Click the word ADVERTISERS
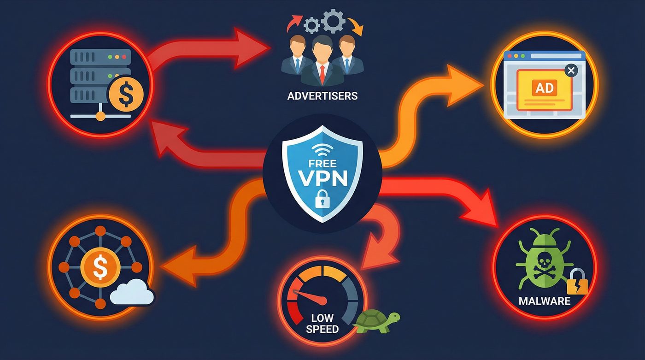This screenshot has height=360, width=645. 322,96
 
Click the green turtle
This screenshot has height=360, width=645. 376,319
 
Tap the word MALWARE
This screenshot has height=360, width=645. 544,301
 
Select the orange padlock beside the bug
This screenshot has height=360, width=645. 577,283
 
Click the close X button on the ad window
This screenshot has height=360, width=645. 571,71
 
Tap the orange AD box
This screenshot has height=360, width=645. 545,88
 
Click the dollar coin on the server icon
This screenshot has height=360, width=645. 125,94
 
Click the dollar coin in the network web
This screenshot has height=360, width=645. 100,266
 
